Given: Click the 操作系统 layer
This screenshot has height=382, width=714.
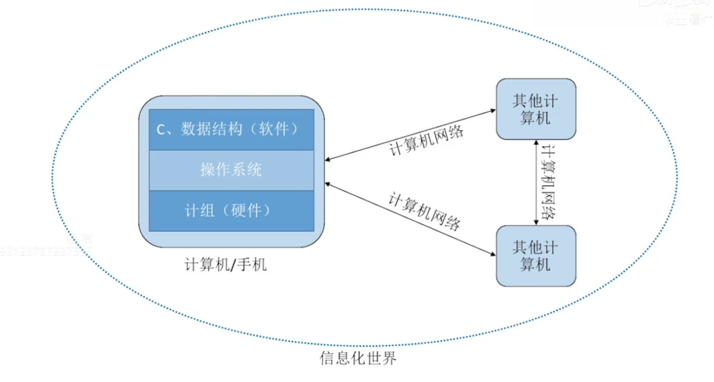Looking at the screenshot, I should tap(231, 170).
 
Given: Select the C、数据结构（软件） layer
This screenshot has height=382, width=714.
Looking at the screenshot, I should tap(231, 129).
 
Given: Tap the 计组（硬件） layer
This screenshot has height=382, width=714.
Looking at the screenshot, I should tap(231, 211).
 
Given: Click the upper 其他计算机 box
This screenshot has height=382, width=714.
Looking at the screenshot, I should tap(536, 109).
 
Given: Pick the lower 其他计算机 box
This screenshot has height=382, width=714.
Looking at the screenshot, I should tap(536, 256).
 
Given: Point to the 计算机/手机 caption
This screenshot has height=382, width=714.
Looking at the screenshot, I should tap(226, 264).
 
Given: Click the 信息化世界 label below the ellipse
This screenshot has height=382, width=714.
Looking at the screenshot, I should tap(358, 359).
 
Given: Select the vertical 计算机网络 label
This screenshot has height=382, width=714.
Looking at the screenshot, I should tap(549, 182).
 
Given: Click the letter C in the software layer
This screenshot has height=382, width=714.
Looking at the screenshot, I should tap(162, 129).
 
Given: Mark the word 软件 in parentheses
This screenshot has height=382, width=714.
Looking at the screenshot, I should tap(274, 129).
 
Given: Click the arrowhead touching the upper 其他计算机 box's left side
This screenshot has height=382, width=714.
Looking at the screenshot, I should tap(493, 111).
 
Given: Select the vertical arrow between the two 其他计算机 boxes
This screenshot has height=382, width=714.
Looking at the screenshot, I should tap(536, 182).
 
